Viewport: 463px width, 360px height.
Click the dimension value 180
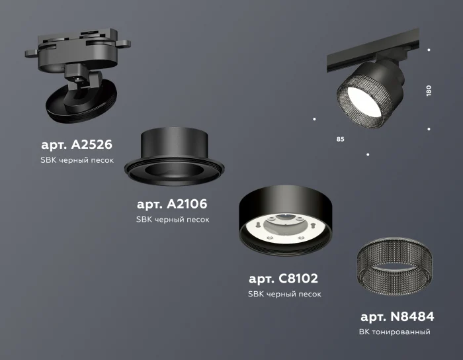click(429, 91)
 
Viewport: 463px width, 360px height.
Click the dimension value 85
click(340, 140)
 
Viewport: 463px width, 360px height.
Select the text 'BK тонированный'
click(396, 332)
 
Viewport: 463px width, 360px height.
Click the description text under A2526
click(77, 161)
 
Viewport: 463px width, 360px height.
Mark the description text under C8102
click(284, 294)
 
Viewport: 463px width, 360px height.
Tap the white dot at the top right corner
click(429, 50)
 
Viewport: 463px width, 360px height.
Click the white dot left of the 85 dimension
click(314, 119)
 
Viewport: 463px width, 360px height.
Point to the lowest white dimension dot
click(368, 155)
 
